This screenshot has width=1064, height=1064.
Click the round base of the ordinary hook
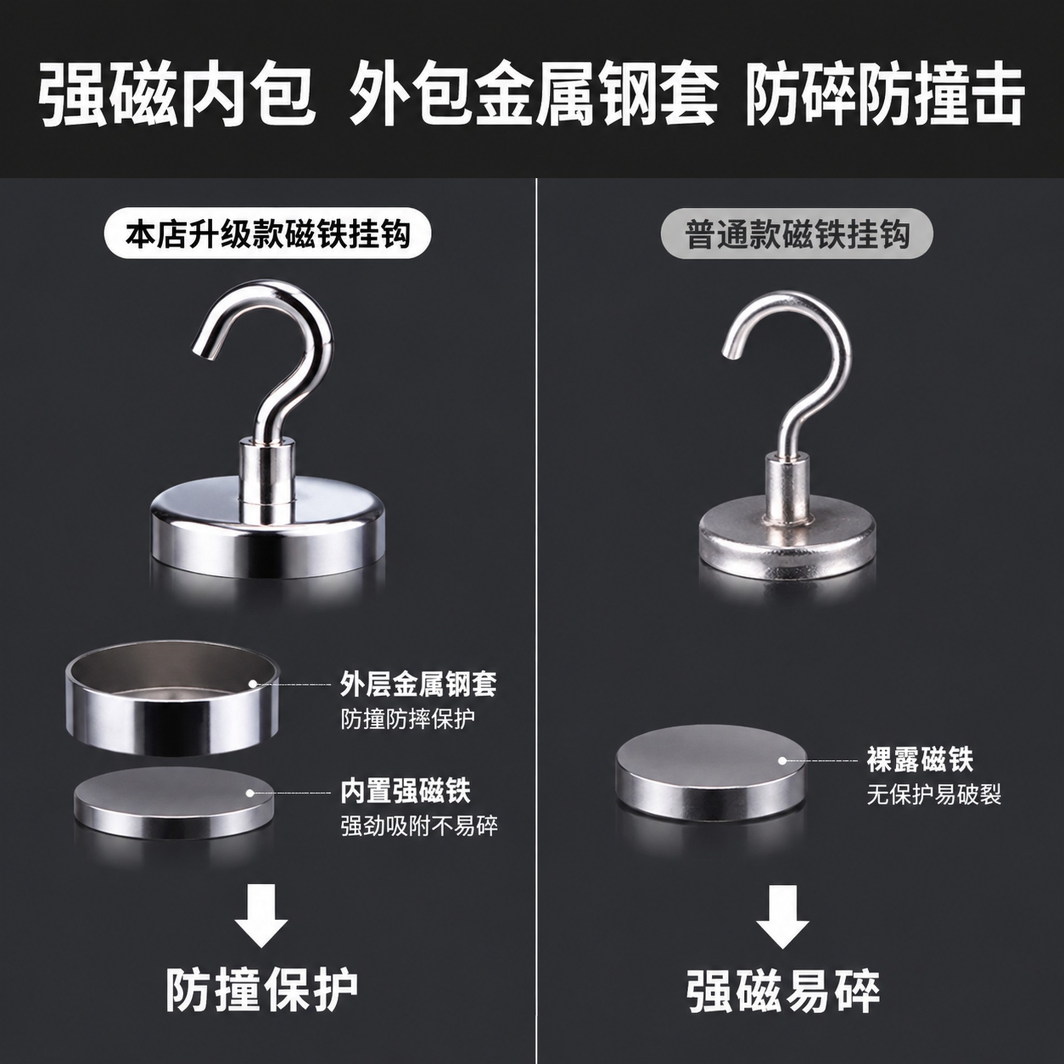787,539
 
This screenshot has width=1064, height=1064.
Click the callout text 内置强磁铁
405,791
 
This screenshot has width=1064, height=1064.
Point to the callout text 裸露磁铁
920,760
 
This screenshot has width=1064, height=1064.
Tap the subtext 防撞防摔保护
407,719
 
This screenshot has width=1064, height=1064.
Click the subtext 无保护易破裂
934,794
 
